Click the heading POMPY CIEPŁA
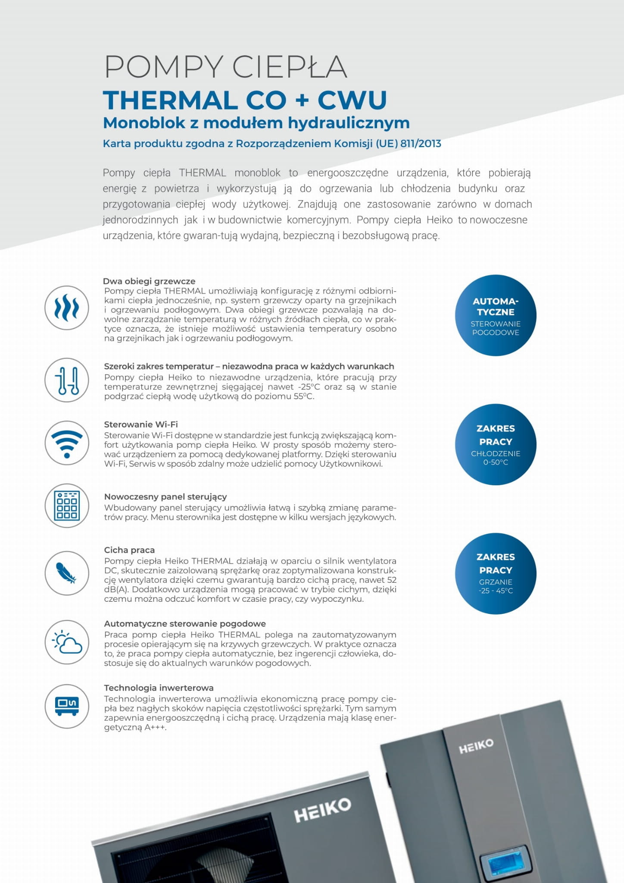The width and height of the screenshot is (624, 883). click(225, 67)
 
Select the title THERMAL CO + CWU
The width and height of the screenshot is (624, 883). click(245, 100)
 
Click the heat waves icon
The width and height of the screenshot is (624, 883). click(67, 308)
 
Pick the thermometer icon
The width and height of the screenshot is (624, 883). click(67, 380)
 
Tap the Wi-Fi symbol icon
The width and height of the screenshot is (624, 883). click(67, 443)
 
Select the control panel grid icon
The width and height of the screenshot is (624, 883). click(67, 506)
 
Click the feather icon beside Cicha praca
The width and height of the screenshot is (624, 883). click(67, 573)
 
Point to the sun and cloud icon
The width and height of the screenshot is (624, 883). click(67, 642)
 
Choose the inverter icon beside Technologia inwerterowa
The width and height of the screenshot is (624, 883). click(67, 706)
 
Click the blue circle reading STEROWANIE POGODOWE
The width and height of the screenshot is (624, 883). click(496, 315)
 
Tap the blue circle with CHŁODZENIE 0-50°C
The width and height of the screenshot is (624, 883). click(496, 444)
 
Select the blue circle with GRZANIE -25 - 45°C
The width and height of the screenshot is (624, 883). click(496, 573)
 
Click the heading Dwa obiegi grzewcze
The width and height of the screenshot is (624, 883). click(149, 281)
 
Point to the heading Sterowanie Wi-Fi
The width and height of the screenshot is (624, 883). click(141, 424)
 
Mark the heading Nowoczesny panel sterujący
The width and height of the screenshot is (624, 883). click(165, 496)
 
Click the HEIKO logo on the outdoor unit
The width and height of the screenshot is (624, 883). click(322, 810)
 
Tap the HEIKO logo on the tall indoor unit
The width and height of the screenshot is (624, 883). click(476, 746)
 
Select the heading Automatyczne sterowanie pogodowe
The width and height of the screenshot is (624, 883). click(185, 624)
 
